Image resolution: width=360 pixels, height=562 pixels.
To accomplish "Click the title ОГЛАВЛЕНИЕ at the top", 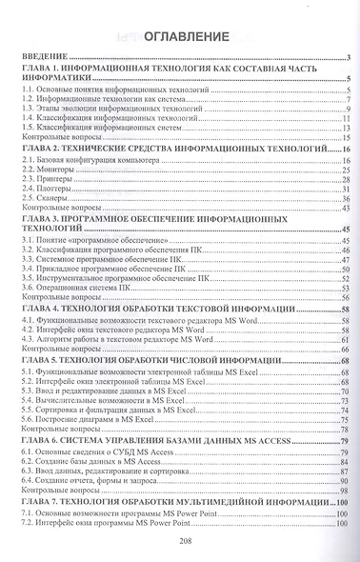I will click(x=186, y=37).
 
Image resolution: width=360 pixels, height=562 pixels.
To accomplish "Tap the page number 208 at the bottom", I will click(x=186, y=540).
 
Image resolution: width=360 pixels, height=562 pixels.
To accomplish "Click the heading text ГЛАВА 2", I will click(x=43, y=150).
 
